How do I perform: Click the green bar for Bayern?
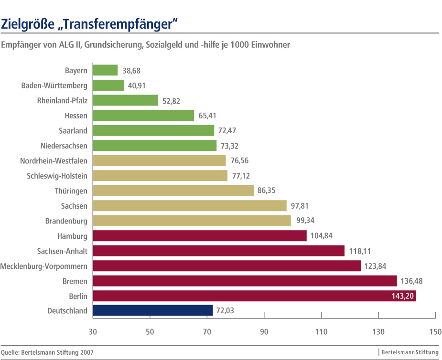tap(105, 70)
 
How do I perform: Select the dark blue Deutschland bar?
tap(153, 310)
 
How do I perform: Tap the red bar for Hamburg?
tap(200, 236)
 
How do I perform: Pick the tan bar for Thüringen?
tap(173, 191)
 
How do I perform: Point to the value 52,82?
tap(172, 101)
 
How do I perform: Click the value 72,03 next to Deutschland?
tap(226, 311)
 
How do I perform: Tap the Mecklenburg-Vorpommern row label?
tap(44, 266)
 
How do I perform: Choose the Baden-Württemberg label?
tap(54, 85)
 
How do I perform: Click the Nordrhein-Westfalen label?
tap(54, 161)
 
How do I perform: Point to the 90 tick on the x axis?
tap(264, 331)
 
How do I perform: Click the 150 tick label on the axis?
tap(435, 331)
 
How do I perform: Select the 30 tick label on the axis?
tap(93, 331)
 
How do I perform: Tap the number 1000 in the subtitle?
tap(240, 45)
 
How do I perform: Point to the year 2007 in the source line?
tap(86, 352)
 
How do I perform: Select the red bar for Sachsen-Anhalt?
tap(218, 251)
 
